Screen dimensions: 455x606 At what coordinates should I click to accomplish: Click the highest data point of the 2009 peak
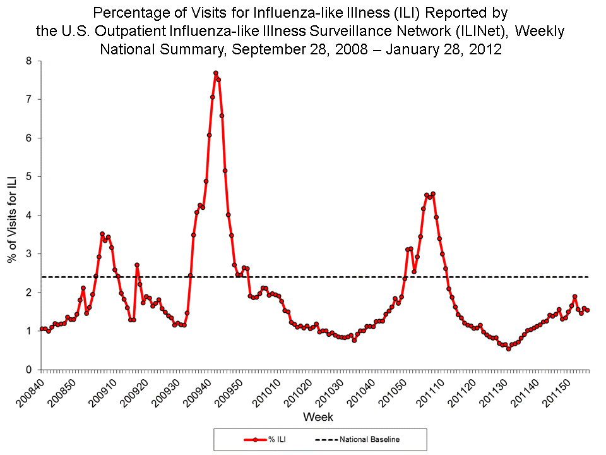(215, 73)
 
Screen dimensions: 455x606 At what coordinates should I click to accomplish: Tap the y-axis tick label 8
(28, 61)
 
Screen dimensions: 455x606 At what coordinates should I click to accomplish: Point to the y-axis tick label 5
(28, 176)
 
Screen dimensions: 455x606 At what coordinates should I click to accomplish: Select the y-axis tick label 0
(28, 369)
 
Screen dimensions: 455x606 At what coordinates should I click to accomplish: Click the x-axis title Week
(318, 417)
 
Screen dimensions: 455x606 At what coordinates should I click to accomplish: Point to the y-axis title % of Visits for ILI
(12, 215)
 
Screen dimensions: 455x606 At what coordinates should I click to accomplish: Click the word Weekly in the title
(542, 31)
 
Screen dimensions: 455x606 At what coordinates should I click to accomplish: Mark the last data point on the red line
(587, 310)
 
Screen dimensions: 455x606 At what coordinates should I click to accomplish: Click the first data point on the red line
(42, 329)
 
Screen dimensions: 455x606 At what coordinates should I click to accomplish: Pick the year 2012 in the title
(486, 50)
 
